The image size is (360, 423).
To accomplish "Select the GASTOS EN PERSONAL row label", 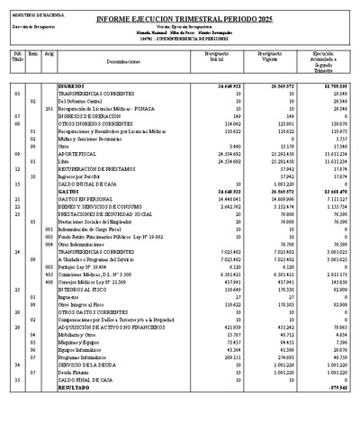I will point(87,198).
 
